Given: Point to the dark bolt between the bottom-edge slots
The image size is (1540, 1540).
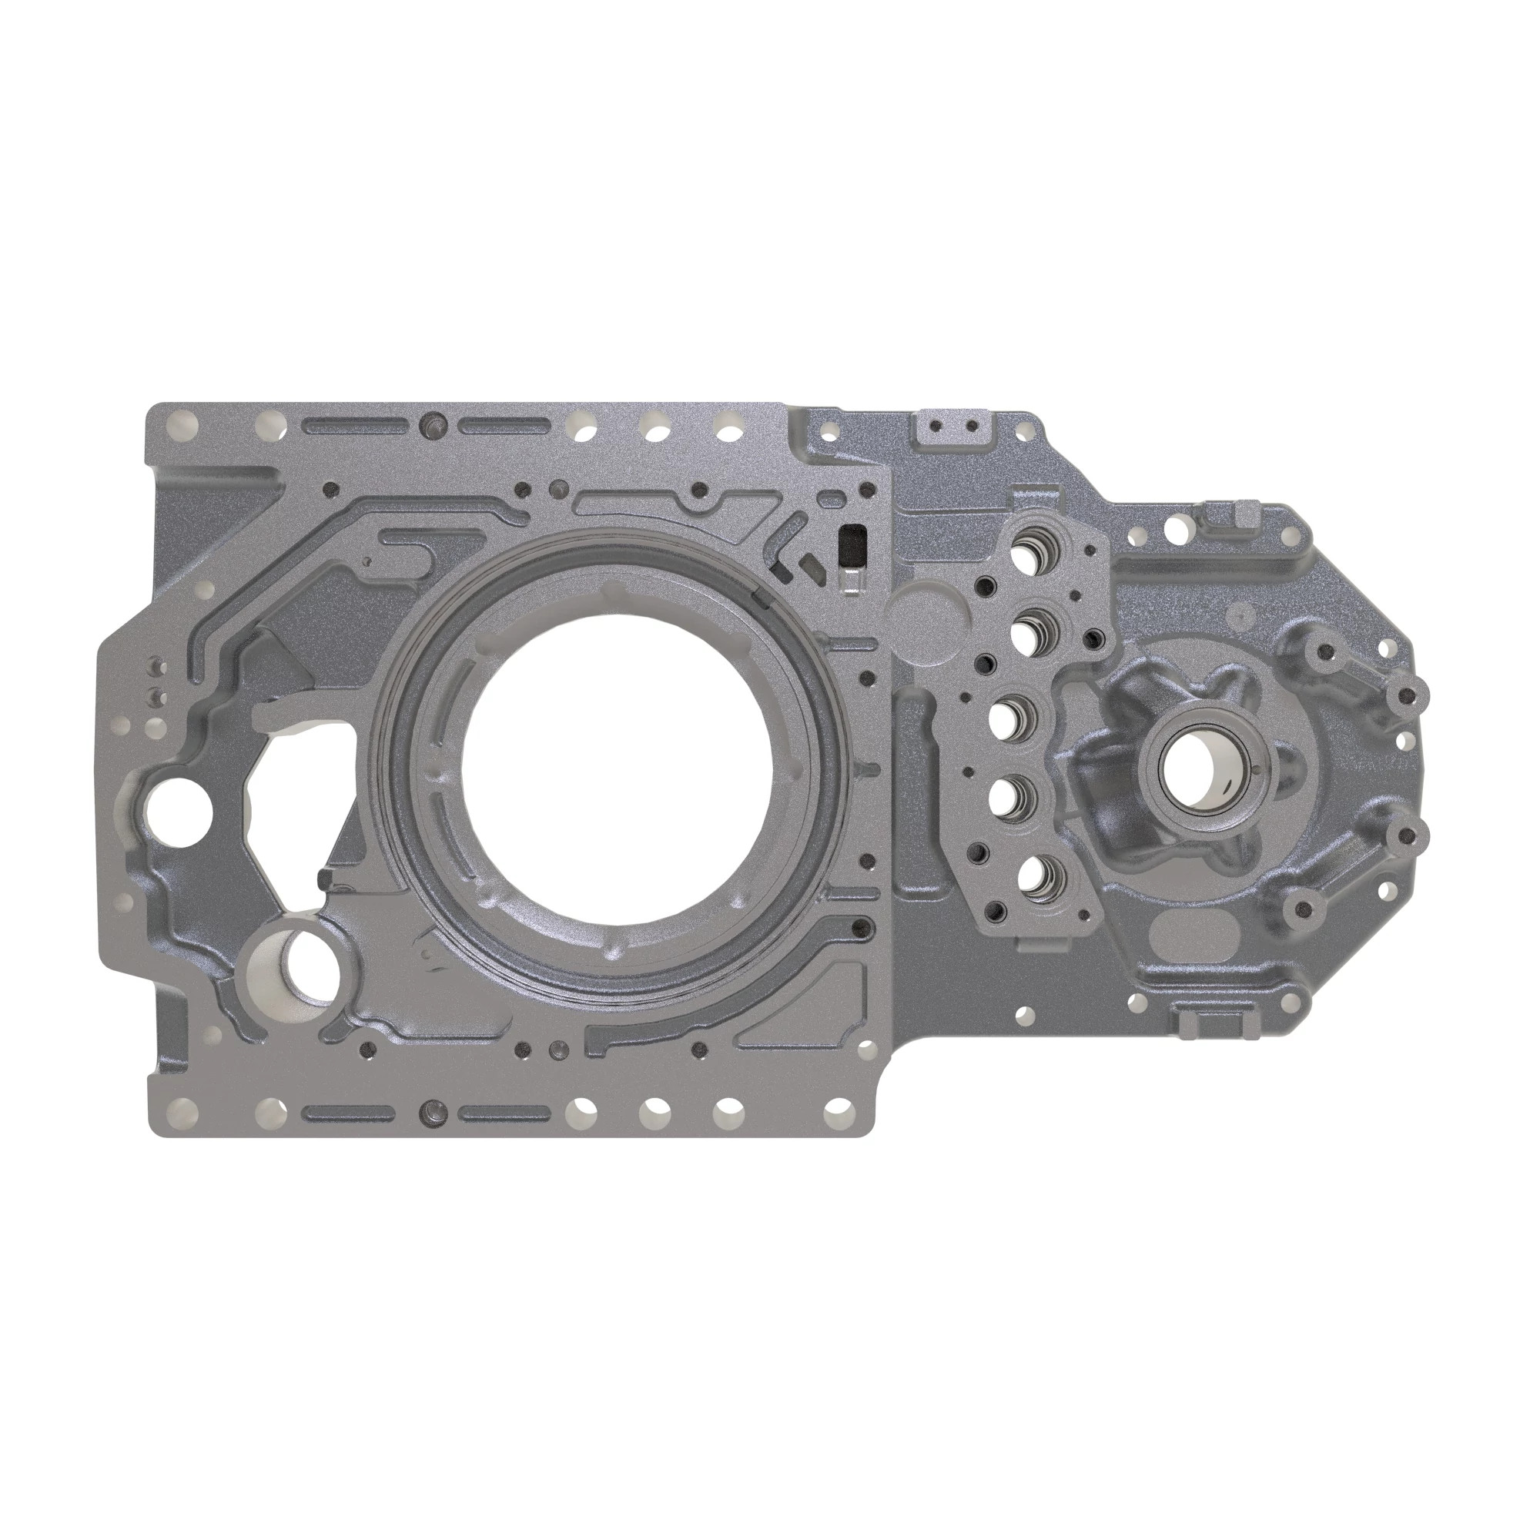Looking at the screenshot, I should click(x=434, y=1110).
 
